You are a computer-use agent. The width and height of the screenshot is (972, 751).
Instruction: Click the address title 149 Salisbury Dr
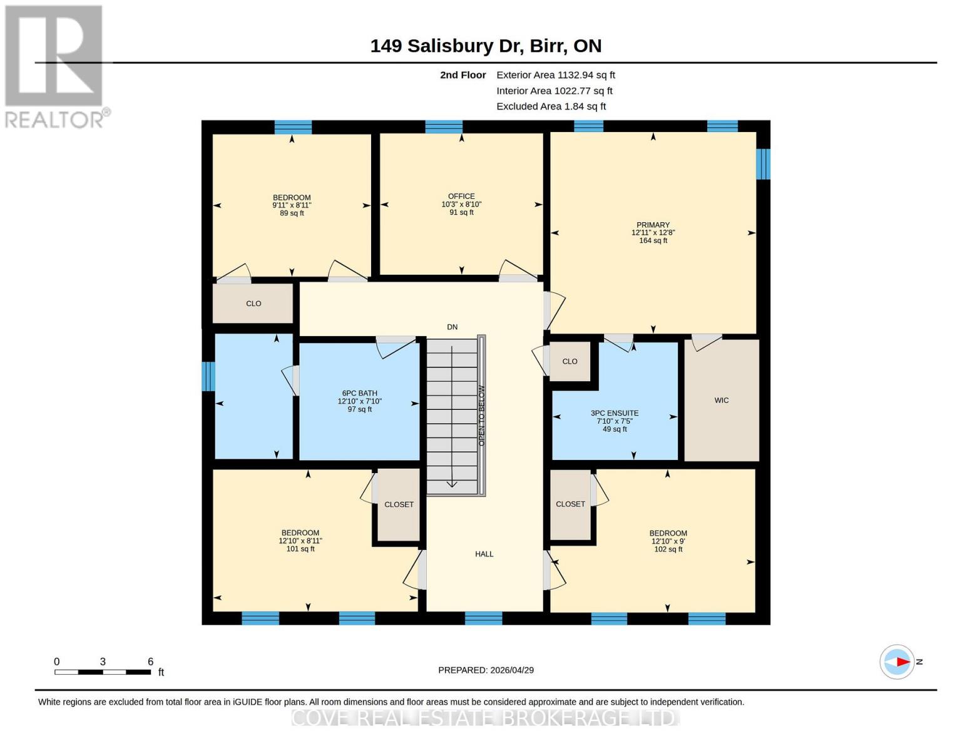pyautogui.click(x=486, y=46)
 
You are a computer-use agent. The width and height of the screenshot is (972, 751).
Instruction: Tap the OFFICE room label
pyautogui.click(x=461, y=196)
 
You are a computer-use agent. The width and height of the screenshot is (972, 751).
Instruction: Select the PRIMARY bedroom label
pyautogui.click(x=653, y=225)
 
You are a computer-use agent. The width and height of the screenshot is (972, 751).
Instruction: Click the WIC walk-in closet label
pyautogui.click(x=721, y=400)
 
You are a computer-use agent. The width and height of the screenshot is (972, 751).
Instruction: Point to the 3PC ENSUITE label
pyautogui.click(x=615, y=413)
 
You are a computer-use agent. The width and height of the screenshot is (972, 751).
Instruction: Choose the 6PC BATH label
pyautogui.click(x=359, y=393)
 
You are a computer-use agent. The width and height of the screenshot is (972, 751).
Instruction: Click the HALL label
pyautogui.click(x=484, y=554)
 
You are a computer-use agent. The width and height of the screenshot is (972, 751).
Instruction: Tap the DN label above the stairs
pyautogui.click(x=452, y=327)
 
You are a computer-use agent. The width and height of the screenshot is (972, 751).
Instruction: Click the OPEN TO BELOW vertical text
pyautogui.click(x=481, y=416)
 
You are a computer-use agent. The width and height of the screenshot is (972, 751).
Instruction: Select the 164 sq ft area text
pyautogui.click(x=653, y=241)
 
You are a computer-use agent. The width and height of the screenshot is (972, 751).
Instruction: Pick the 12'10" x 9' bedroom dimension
pyautogui.click(x=668, y=541)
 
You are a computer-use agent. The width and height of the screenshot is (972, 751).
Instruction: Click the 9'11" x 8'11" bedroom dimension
pyautogui.click(x=292, y=205)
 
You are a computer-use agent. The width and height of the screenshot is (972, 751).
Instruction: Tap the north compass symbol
pyautogui.click(x=898, y=662)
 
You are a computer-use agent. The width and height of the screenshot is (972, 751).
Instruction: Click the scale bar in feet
pyautogui.click(x=103, y=672)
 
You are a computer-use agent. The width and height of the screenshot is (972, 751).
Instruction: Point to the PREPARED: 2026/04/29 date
pyautogui.click(x=486, y=670)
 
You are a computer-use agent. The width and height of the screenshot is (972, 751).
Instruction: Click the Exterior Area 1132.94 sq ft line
pyautogui.click(x=555, y=75)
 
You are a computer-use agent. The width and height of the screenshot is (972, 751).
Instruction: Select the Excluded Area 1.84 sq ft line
pyautogui.click(x=551, y=106)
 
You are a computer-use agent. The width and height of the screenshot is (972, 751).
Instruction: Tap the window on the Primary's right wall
pyautogui.click(x=762, y=164)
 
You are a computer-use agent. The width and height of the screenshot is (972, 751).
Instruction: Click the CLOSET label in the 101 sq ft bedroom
pyautogui.click(x=399, y=504)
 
